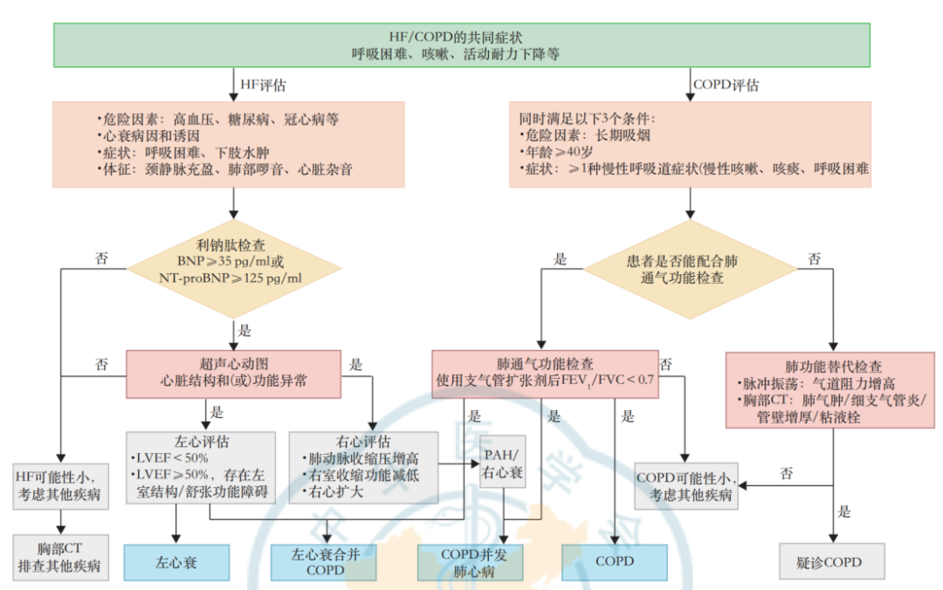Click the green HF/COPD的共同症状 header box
pos(462,45)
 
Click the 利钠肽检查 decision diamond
pos(232,262)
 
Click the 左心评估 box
pos(200,466)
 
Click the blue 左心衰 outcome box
pos(177,562)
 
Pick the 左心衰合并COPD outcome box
pos(324,562)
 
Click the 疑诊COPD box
pos(830,562)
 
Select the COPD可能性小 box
pos(685,486)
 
